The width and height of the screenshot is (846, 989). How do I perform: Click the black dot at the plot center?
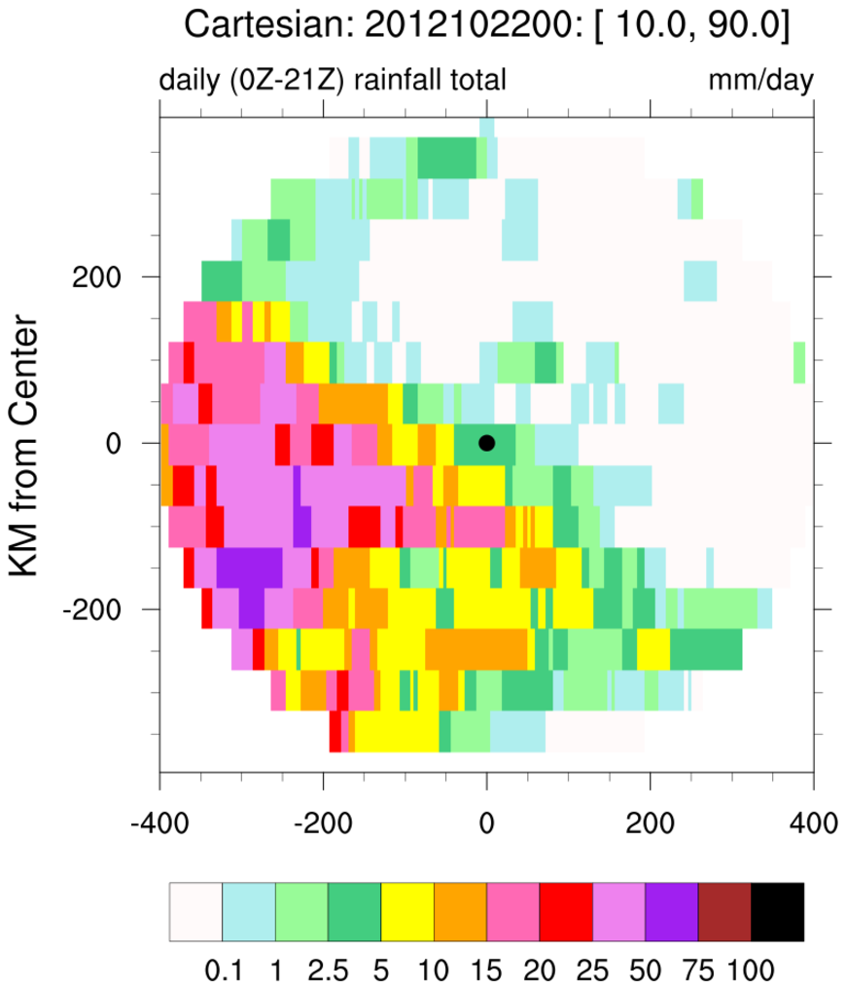pyautogui.click(x=487, y=443)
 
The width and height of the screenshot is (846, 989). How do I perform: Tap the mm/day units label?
pyautogui.click(x=759, y=79)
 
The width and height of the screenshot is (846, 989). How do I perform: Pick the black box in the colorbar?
pyautogui.click(x=777, y=912)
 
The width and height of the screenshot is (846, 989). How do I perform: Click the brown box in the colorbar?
pyautogui.click(x=724, y=912)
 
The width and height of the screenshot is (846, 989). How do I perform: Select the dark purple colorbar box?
pyautogui.click(x=672, y=912)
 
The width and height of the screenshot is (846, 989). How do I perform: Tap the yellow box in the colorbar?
pyautogui.click(x=407, y=912)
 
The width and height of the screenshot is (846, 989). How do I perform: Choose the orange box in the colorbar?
pyautogui.click(x=460, y=912)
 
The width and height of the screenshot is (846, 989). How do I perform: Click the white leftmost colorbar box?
pyautogui.click(x=196, y=912)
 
